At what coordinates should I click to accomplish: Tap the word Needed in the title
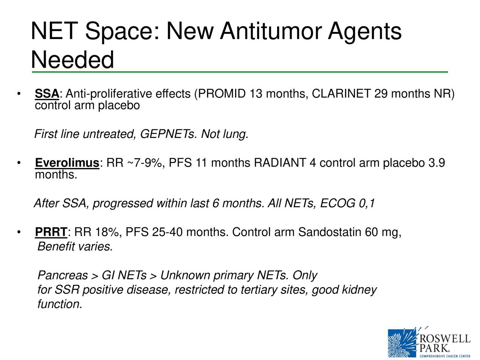pos(72,60)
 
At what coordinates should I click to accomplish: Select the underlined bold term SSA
pos(47,94)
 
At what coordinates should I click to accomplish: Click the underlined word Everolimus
pos(67,163)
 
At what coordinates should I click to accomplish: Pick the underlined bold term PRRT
pos(51,233)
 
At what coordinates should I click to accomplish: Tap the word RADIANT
pos(280,163)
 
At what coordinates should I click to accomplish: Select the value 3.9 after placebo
pos(436,163)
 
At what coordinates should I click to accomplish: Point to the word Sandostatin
pos(330,233)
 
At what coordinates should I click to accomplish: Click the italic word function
pos(60,304)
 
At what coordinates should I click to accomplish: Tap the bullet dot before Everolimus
pos(18,163)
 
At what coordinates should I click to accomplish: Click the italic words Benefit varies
pos(75,247)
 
